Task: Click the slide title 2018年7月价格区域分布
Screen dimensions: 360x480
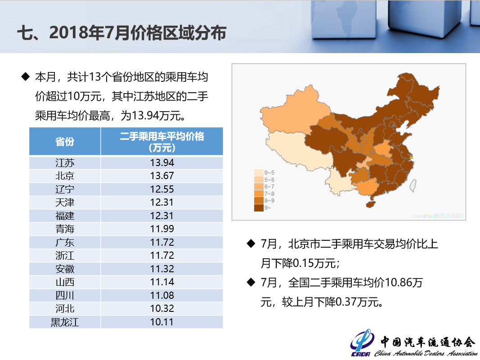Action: pos(121,33)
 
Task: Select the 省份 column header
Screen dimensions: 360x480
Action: pos(65,141)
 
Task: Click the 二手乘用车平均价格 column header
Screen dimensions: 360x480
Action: pos(162,141)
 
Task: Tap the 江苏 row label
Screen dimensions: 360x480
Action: pos(65,162)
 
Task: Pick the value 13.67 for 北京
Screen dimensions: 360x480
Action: pos(162,176)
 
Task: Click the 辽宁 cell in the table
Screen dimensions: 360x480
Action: pos(65,189)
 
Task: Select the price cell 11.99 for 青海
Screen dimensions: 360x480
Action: pos(162,229)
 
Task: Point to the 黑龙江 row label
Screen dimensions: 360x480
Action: pos(65,322)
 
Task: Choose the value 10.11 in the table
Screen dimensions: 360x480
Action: pos(162,322)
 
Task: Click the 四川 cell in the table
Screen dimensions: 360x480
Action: pos(65,296)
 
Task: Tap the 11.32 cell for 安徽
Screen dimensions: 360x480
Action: pos(162,269)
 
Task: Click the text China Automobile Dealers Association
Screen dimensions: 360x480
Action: pos(426,353)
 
